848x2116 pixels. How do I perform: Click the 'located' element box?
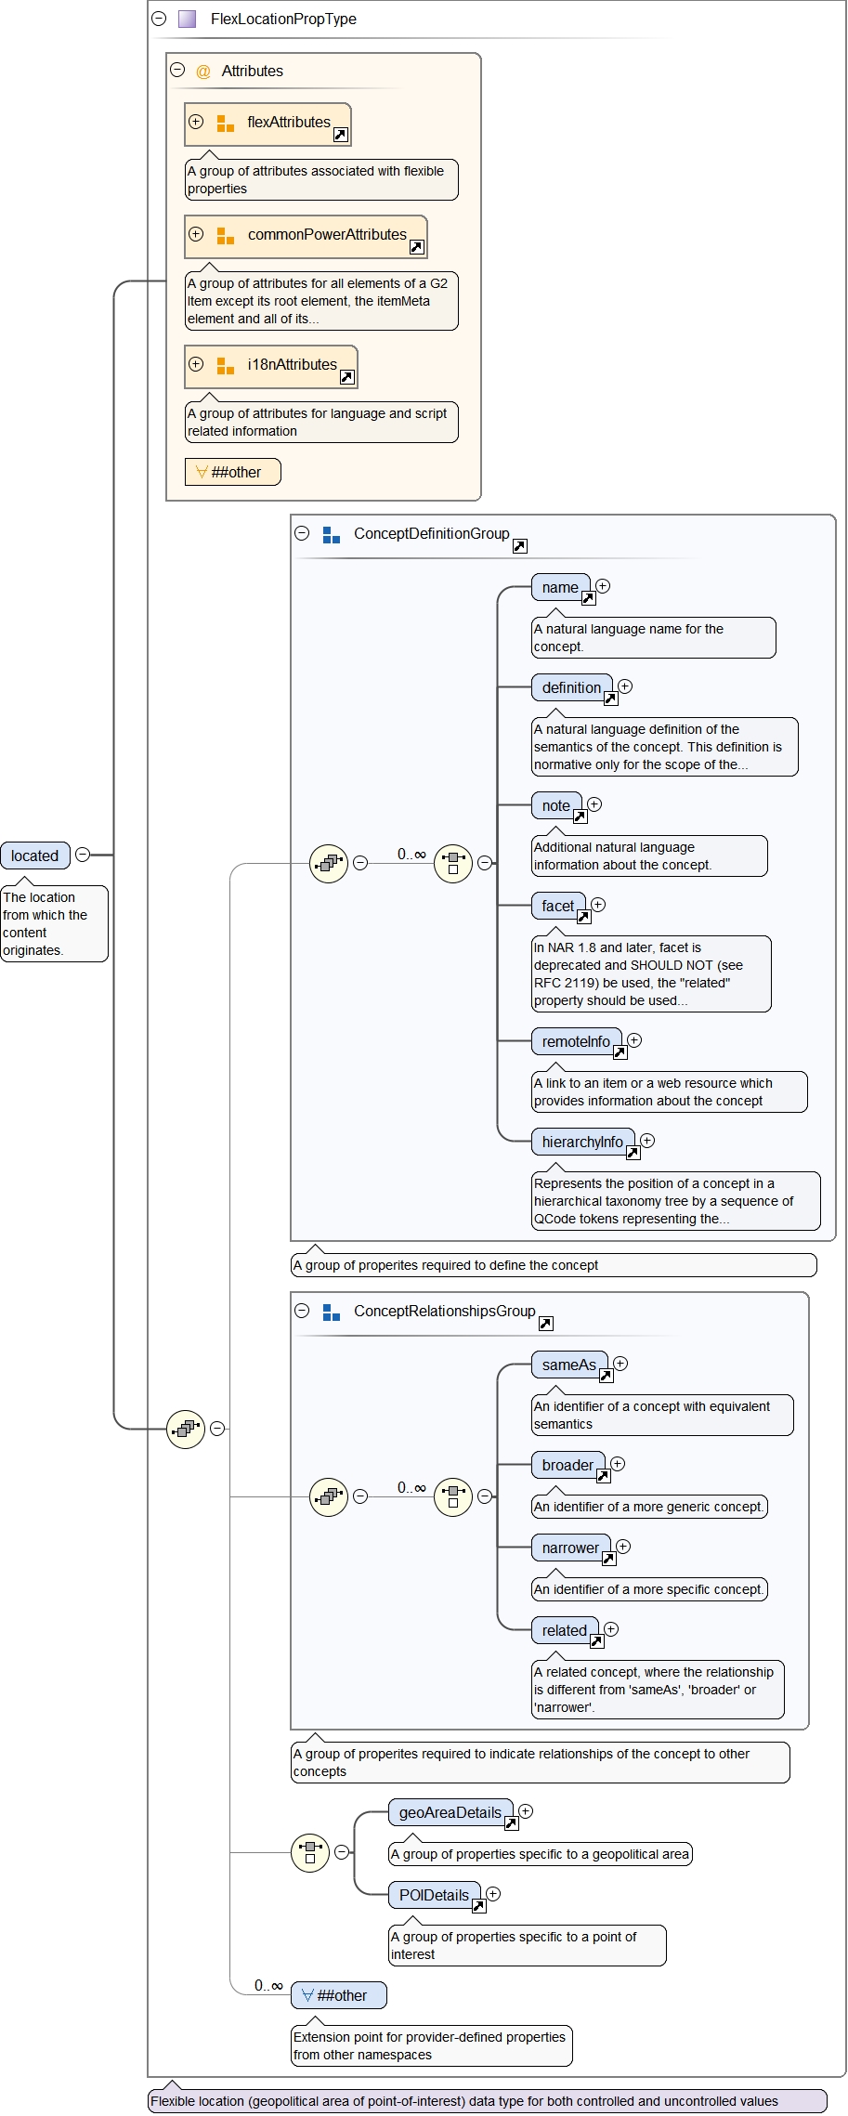point(35,856)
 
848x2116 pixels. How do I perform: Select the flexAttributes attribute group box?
point(267,124)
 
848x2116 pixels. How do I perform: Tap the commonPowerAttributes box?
point(306,236)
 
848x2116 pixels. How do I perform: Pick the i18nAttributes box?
point(270,366)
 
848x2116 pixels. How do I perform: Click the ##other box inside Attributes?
point(232,472)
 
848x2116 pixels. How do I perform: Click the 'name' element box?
point(560,588)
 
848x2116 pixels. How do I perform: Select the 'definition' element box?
point(571,688)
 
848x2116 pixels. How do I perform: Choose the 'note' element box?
point(556,806)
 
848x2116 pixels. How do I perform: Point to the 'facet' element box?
point(558,907)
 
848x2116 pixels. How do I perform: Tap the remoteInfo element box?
point(576,1042)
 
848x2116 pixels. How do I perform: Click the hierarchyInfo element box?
point(582,1143)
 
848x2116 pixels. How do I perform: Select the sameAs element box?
point(569,1365)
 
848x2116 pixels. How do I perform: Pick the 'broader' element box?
point(568,1466)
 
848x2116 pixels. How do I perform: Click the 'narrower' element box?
point(570,1548)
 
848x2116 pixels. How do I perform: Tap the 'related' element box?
point(565,1631)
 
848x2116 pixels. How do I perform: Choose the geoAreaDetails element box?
point(450,1813)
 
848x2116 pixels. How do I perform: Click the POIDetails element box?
point(434,1896)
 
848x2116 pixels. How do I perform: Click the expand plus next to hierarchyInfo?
point(648,1141)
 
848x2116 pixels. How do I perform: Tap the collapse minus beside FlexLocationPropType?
point(159,19)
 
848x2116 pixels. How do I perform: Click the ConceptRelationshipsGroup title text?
point(444,1312)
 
